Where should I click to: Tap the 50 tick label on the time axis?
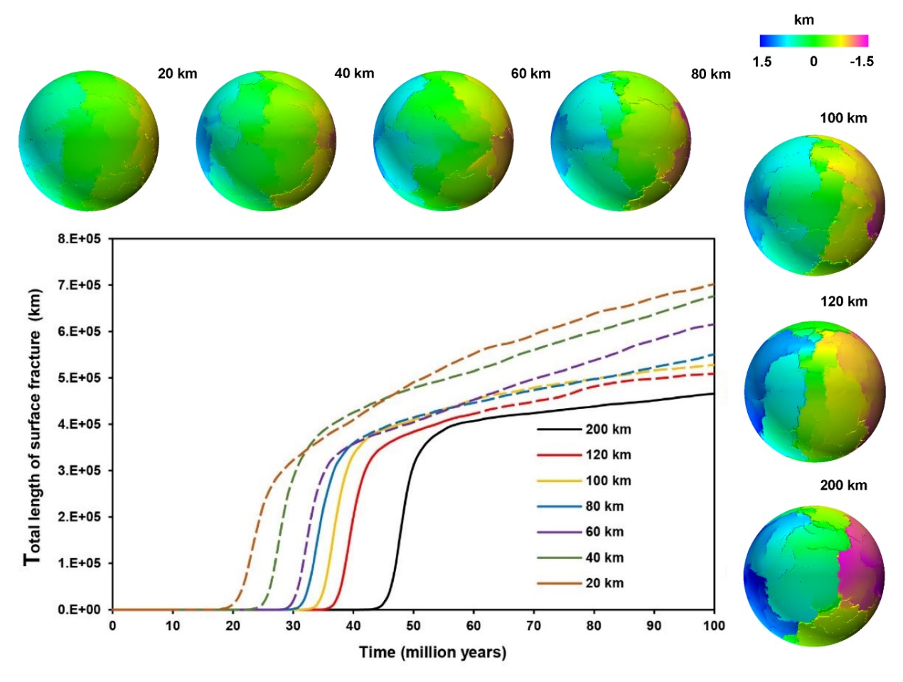pyautogui.click(x=413, y=626)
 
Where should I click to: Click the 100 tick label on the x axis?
pyautogui.click(x=713, y=626)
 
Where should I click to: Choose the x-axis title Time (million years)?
pyautogui.click(x=432, y=652)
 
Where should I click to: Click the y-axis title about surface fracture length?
pyautogui.click(x=33, y=427)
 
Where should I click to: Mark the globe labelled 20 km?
pyautogui.click(x=88, y=141)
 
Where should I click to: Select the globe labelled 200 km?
pyautogui.click(x=815, y=576)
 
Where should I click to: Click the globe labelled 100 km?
pyautogui.click(x=815, y=205)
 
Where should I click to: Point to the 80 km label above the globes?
pyautogui.click(x=710, y=74)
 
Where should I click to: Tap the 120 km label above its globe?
pyautogui.click(x=843, y=302)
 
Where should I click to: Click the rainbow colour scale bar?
pyautogui.click(x=813, y=41)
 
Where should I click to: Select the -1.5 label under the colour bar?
pyautogui.click(x=861, y=61)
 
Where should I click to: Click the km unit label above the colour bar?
pyautogui.click(x=803, y=20)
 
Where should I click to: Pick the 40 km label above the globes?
pyautogui.click(x=354, y=73)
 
